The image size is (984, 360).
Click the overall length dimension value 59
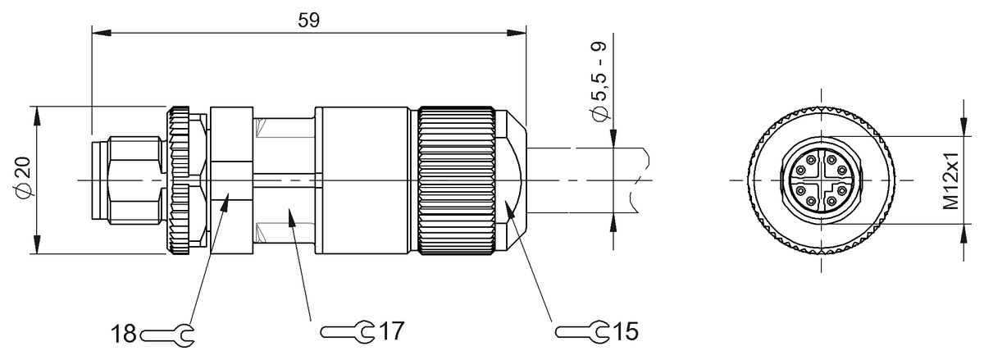pyautogui.click(x=309, y=21)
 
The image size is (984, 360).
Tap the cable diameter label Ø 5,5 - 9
pyautogui.click(x=601, y=81)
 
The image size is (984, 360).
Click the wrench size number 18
pyautogui.click(x=124, y=335)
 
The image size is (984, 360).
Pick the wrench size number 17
pyautogui.click(x=391, y=331)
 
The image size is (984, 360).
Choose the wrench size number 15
pyautogui.click(x=626, y=331)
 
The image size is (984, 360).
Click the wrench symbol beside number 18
pyautogui.click(x=167, y=335)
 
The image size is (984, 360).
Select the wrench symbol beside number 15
pyautogui.click(x=582, y=331)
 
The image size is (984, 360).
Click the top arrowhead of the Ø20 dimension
pyautogui.click(x=37, y=114)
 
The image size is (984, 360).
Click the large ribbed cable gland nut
pyautogui.click(x=455, y=179)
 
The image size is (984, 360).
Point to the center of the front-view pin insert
pyautogui.click(x=820, y=180)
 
